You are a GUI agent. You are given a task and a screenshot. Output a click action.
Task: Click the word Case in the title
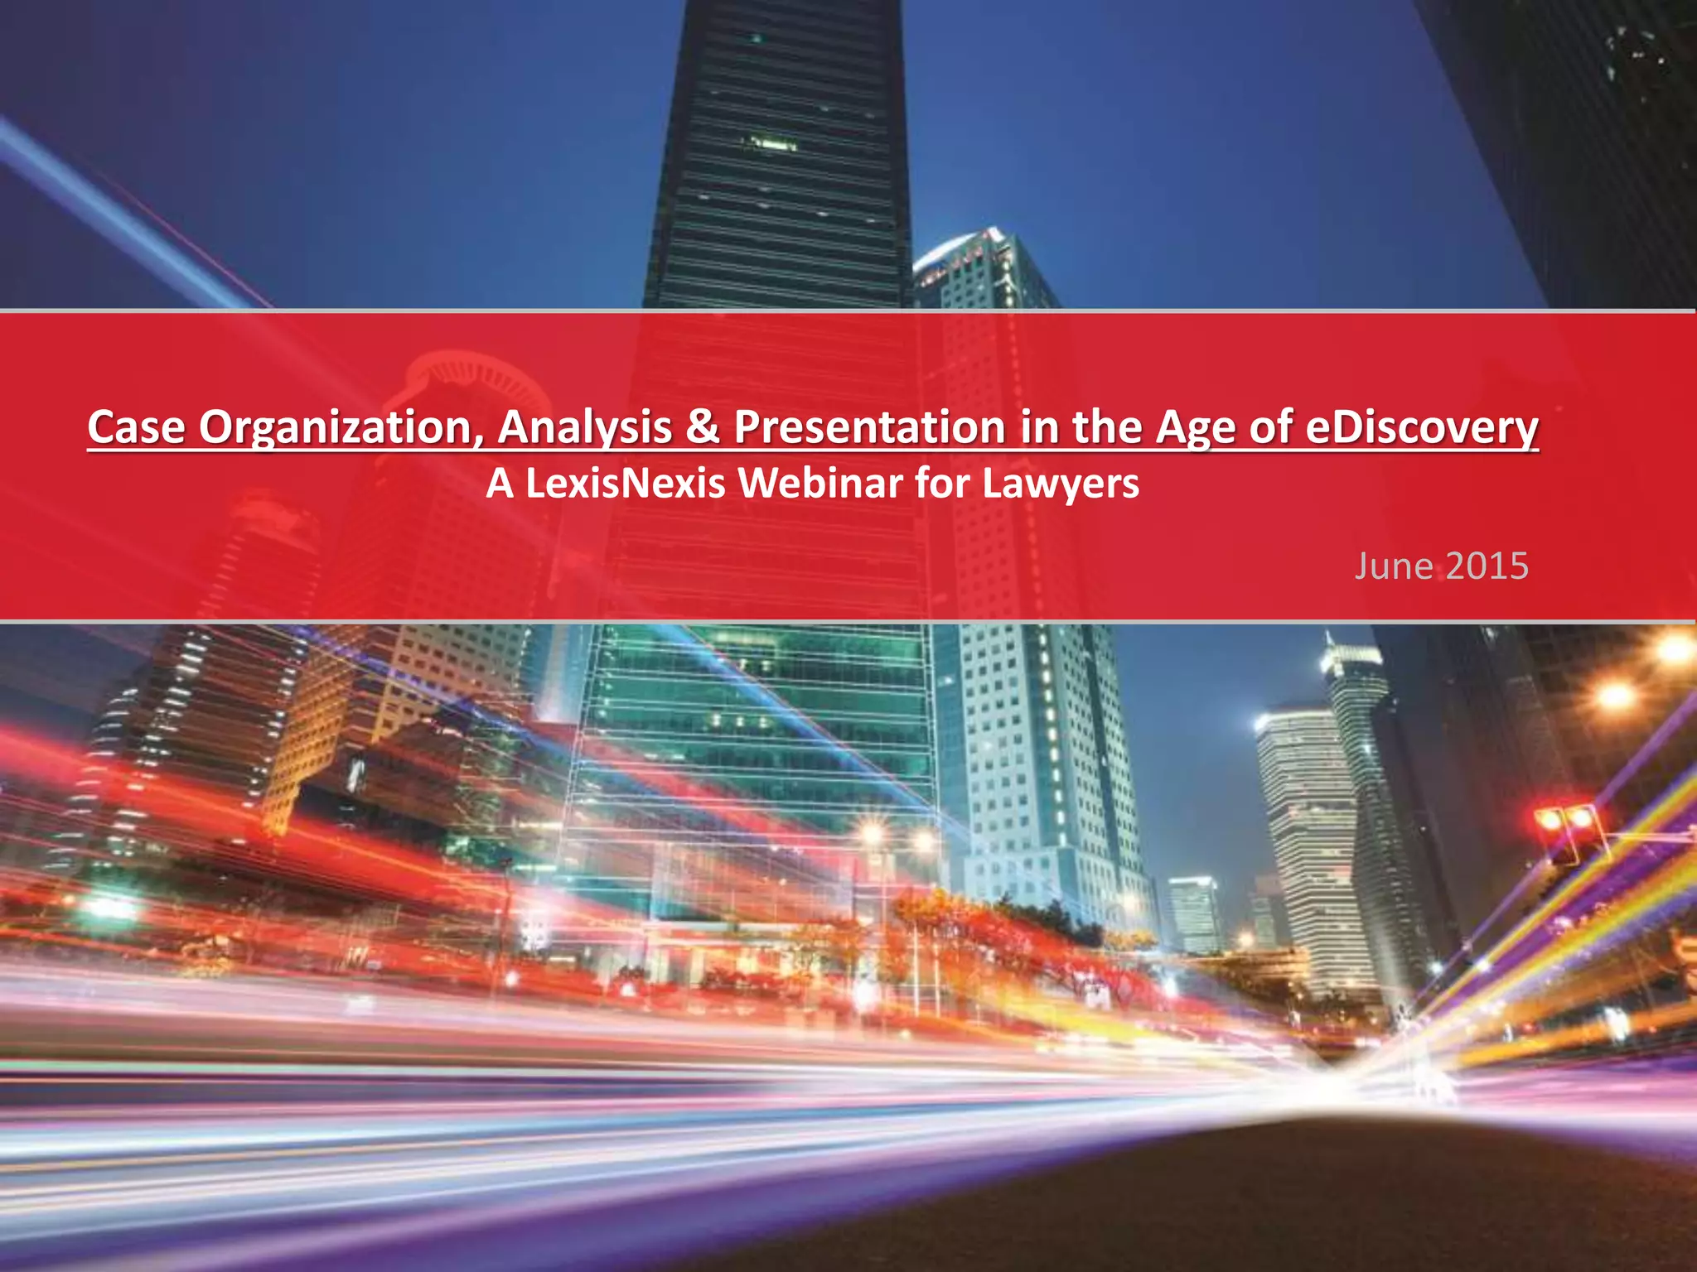136,427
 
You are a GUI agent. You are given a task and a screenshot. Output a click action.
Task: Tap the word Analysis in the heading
585,429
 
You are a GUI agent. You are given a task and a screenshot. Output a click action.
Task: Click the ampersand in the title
703,427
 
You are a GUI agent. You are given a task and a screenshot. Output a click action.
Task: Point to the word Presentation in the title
868,427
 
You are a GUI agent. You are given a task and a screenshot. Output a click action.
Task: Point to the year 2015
1487,566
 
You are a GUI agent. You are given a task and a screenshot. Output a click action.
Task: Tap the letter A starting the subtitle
500,483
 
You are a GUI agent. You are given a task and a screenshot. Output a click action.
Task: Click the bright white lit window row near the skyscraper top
769,145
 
